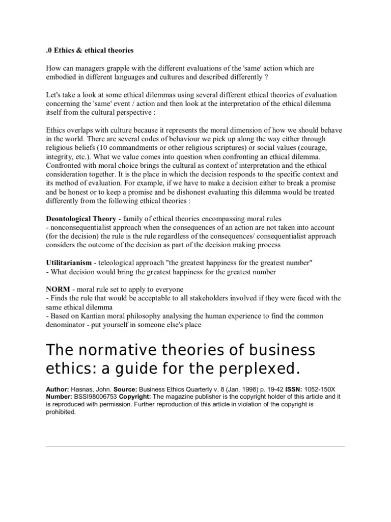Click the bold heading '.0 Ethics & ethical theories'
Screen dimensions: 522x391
90,50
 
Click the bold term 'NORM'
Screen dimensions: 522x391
58,289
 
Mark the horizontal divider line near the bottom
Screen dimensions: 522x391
195,447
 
